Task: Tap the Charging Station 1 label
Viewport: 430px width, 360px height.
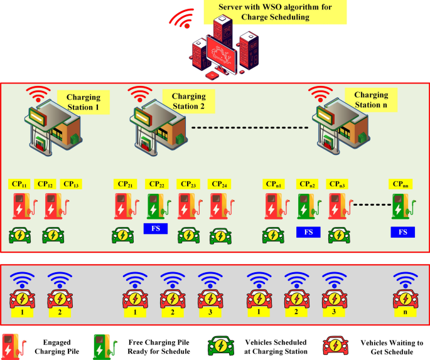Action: tap(83, 101)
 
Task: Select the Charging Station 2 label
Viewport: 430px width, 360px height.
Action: tap(188, 101)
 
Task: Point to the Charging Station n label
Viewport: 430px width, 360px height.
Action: tap(371, 100)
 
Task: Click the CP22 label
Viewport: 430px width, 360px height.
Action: tap(156, 184)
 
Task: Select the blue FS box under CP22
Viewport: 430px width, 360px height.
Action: tap(156, 229)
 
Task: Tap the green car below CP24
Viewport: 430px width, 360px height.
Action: tap(218, 236)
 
